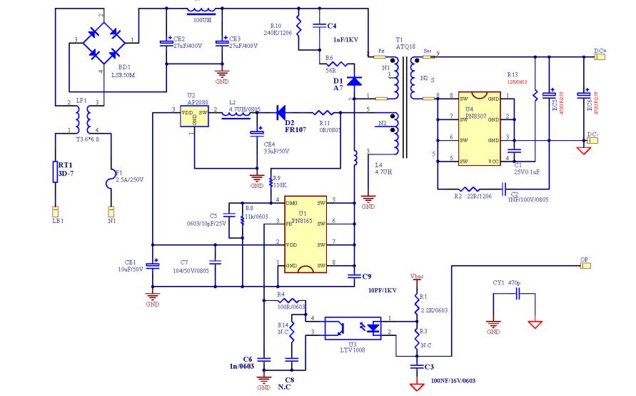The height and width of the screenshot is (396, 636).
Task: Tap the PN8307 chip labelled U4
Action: click(485, 129)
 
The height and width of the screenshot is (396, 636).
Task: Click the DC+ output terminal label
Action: click(600, 51)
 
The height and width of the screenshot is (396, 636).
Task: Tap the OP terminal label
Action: click(584, 261)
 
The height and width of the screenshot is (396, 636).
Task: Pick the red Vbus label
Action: click(416, 274)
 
